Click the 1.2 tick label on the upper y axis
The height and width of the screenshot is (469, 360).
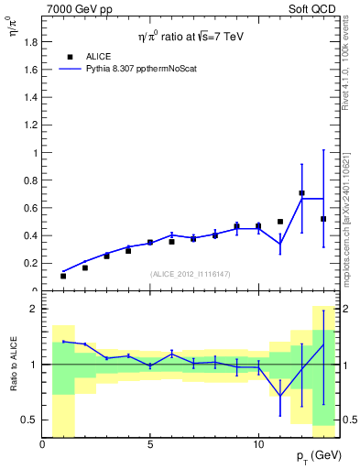pyautogui.click(x=30, y=125)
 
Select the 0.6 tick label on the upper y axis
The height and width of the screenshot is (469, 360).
pyautogui.click(x=30, y=208)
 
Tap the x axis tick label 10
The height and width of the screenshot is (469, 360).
pyautogui.click(x=257, y=445)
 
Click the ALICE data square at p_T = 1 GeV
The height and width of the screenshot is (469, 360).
pyautogui.click(x=63, y=276)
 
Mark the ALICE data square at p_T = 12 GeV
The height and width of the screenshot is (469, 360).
pyautogui.click(x=301, y=193)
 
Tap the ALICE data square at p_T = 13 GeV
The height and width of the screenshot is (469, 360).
pyautogui.click(x=323, y=219)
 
